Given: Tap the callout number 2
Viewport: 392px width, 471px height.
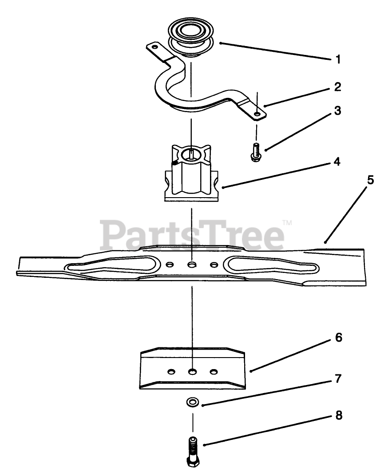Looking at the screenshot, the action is pyautogui.click(x=338, y=87).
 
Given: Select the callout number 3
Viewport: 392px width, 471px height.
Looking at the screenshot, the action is pyautogui.click(x=338, y=111).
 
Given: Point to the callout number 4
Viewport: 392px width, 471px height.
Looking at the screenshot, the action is pyautogui.click(x=338, y=162).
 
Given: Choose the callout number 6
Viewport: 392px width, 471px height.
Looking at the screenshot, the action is pyautogui.click(x=338, y=338).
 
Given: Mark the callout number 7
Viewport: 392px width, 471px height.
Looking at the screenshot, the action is pyautogui.click(x=338, y=379).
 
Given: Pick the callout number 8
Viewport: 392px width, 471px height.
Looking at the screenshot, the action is pyautogui.click(x=338, y=417).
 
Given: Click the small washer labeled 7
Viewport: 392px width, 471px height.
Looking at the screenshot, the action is pyautogui.click(x=192, y=402).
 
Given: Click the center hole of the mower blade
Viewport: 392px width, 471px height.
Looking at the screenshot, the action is pyautogui.click(x=192, y=264).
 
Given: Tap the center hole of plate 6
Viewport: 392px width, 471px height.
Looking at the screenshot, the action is pyautogui.click(x=192, y=370).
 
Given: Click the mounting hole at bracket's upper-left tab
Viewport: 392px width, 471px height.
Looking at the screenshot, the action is pyautogui.click(x=154, y=46).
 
